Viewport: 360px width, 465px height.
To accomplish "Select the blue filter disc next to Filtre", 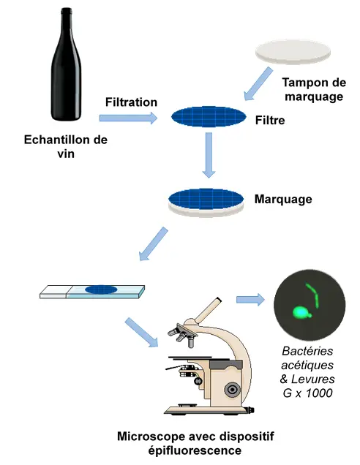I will (209, 118).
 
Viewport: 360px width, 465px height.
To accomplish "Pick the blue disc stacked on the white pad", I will (206, 198).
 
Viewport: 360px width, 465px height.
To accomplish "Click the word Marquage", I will (282, 199).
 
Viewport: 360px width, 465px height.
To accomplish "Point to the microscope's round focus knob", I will (232, 388).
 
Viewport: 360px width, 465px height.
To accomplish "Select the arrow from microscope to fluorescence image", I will (251, 299).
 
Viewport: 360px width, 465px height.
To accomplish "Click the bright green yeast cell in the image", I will (299, 314).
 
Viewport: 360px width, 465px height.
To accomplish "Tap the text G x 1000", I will (308, 393).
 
